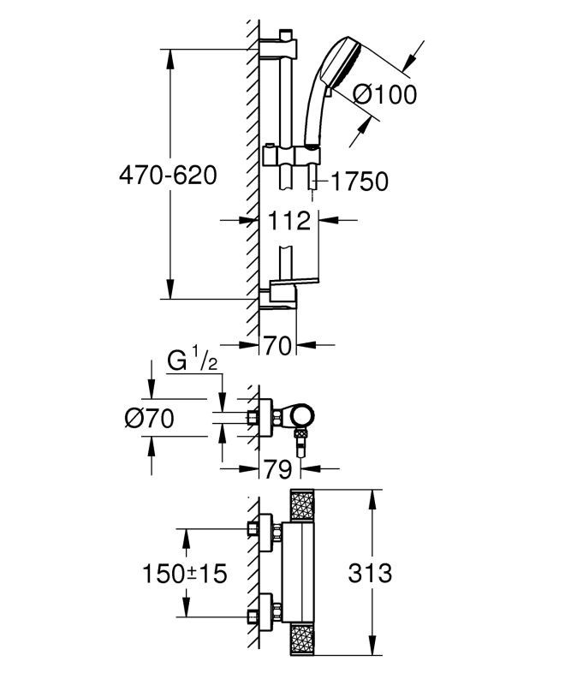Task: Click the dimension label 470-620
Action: click(168, 176)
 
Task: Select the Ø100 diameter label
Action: click(373, 94)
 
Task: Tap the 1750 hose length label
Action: click(359, 182)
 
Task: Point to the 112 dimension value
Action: click(288, 221)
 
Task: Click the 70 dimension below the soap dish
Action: click(277, 346)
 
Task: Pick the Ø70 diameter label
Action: click(149, 419)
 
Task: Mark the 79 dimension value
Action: click(277, 469)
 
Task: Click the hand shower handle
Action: click(312, 116)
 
